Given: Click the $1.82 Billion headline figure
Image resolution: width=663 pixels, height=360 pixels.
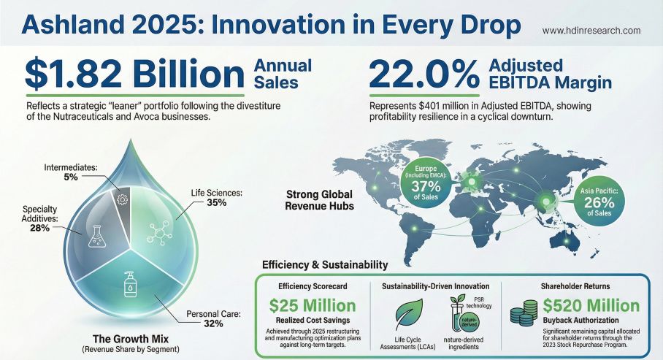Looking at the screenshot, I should pos(135,75).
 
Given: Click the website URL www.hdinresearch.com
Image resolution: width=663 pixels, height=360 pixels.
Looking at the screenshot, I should pos(591,31).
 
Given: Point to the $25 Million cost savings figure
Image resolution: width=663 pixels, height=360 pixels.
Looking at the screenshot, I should pos(313,305).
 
